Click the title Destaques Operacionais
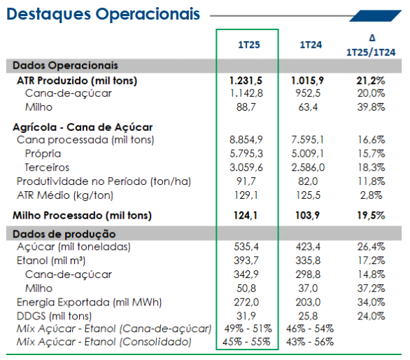pyautogui.click(x=104, y=15)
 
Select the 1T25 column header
pyautogui.click(x=249, y=45)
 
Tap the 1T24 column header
pyautogui.click(x=311, y=45)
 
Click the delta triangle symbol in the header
pyautogui.click(x=372, y=38)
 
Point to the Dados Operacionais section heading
pyautogui.click(x=65, y=65)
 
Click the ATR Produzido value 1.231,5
pyautogui.click(x=246, y=81)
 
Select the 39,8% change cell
pyautogui.click(x=371, y=107)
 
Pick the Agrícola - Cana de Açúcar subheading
pyautogui.click(x=83, y=127)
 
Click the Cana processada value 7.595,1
pyautogui.click(x=308, y=140)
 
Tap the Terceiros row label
pyautogui.click(x=47, y=167)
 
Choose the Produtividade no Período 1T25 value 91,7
pyautogui.click(x=246, y=181)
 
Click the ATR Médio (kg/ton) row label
pyautogui.click(x=65, y=195)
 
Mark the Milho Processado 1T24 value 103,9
pyautogui.click(x=308, y=216)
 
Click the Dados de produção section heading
pyautogui.click(x=64, y=234)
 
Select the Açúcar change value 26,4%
pyautogui.click(x=371, y=247)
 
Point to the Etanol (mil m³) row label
pyautogui.click(x=51, y=261)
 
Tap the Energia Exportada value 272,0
pyautogui.click(x=246, y=302)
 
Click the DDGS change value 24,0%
pyautogui.click(x=371, y=316)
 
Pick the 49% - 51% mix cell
pyautogui.click(x=248, y=328)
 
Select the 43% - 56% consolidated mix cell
pyautogui.click(x=310, y=342)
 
